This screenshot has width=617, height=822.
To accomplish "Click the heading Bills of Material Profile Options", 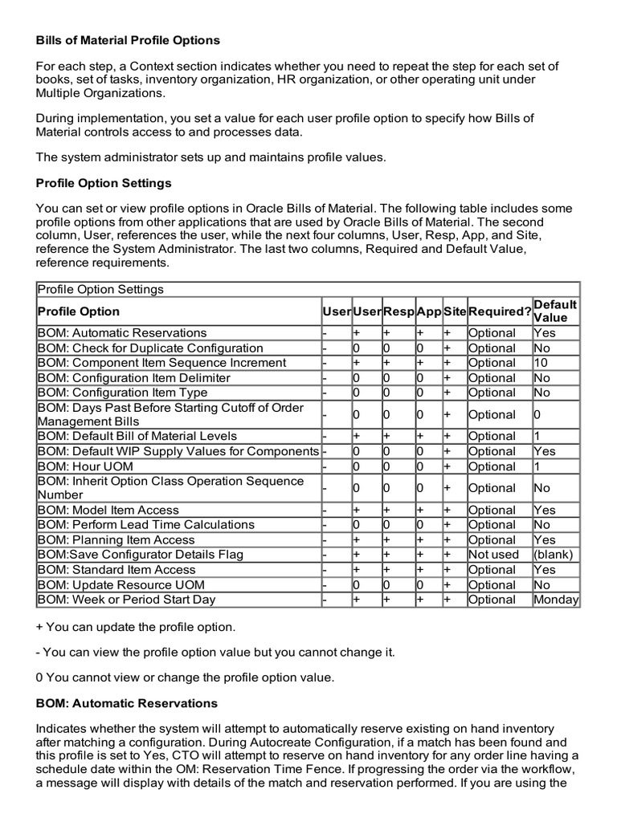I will click(128, 40).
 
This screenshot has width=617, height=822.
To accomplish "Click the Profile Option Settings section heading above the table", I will click(104, 183).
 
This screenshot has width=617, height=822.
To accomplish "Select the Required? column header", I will click(499, 311).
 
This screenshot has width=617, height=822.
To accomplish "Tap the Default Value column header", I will click(555, 311).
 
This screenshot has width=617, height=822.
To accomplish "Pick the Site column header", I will click(454, 311).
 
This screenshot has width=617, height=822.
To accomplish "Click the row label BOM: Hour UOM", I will click(85, 466).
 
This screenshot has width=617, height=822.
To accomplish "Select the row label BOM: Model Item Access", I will click(107, 510).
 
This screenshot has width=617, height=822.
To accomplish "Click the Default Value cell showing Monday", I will click(556, 600).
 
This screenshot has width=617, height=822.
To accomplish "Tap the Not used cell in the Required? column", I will click(493, 555).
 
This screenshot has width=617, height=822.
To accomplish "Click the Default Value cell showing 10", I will click(541, 363).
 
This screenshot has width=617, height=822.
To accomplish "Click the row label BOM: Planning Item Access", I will click(116, 540).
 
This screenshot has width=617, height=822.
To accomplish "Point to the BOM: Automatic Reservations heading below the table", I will click(126, 703).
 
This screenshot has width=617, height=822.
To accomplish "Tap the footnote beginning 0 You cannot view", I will click(185, 678).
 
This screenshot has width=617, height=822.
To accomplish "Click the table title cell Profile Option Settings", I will click(100, 290).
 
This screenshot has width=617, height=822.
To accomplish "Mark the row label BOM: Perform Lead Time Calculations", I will click(145, 525).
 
